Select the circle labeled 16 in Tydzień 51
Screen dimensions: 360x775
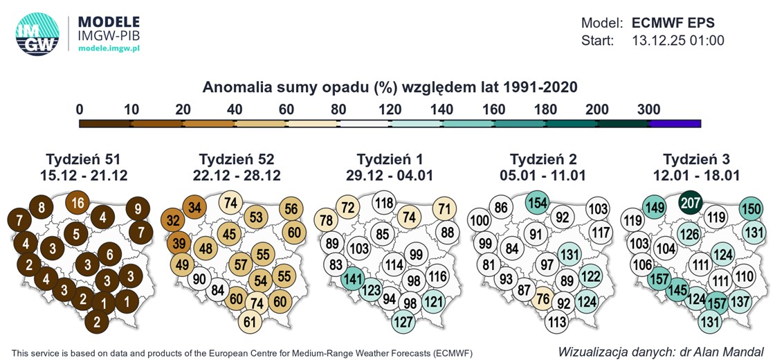coord(78,203)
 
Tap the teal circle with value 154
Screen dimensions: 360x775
coord(538,203)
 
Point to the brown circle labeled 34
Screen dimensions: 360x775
coord(195,207)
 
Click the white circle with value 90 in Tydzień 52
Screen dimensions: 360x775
coord(199,279)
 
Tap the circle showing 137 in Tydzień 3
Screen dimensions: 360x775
coord(740,301)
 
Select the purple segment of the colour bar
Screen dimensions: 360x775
coord(675,124)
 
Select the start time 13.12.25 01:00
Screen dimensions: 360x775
coord(678,41)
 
